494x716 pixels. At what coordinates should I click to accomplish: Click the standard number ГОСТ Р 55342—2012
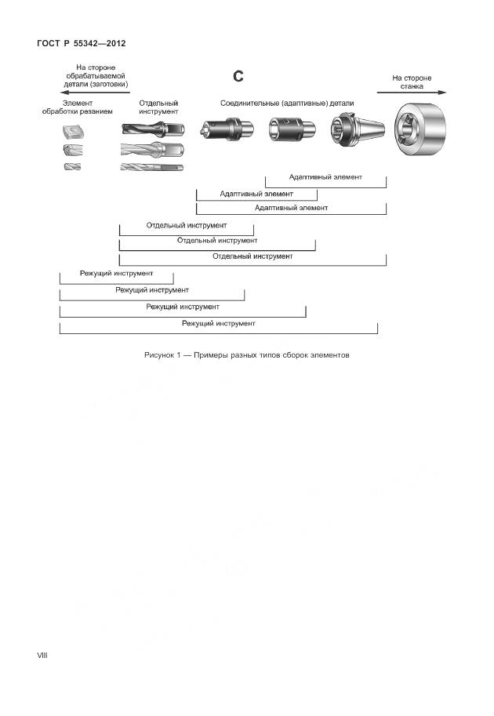pyautogui.click(x=82, y=42)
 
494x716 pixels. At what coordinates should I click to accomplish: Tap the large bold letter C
pyautogui.click(x=239, y=76)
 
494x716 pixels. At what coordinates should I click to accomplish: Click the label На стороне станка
pyautogui.click(x=412, y=82)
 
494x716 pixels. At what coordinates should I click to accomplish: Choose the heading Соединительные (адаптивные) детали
pyautogui.click(x=287, y=103)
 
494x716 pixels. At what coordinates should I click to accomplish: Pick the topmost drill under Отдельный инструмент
pyautogui.click(x=153, y=129)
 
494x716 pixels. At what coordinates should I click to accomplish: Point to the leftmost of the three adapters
pyautogui.click(x=227, y=128)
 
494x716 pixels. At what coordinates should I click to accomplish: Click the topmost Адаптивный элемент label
pyautogui.click(x=325, y=177)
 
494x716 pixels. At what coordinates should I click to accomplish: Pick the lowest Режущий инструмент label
pyautogui.click(x=218, y=322)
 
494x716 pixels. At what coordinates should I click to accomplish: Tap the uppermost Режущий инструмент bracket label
pyautogui.click(x=116, y=274)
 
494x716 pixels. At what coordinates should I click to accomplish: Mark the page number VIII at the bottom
pyautogui.click(x=42, y=654)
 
